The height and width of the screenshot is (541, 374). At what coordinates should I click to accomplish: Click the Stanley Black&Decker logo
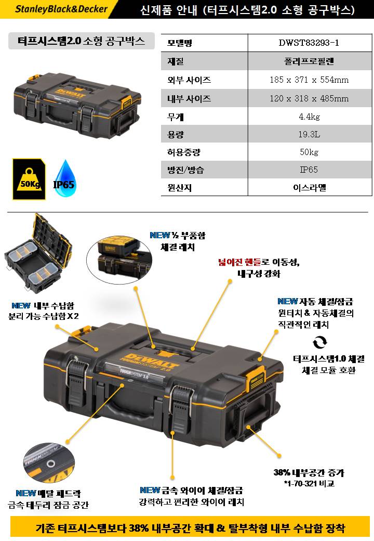click(61, 9)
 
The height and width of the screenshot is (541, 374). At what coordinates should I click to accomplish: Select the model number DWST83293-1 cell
click(309, 43)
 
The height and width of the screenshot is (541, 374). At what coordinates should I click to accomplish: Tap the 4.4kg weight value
click(309, 117)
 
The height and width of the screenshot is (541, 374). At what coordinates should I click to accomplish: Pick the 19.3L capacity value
click(309, 134)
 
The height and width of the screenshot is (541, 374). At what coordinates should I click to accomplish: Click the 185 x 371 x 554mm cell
click(309, 80)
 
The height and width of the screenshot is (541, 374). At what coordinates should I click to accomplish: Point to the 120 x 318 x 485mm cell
click(309, 98)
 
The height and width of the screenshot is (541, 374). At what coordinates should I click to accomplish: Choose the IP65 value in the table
click(309, 170)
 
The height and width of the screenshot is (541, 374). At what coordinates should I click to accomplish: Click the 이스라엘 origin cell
click(310, 188)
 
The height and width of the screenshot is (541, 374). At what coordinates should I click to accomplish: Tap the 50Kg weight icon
click(29, 179)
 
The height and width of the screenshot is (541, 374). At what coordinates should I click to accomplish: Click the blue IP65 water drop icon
click(64, 179)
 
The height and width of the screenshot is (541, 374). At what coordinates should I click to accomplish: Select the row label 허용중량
click(183, 152)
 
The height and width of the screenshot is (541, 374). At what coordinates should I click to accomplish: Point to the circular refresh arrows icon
click(320, 342)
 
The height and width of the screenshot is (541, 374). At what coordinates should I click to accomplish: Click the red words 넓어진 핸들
click(239, 262)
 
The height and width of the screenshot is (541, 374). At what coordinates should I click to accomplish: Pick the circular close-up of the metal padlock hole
click(49, 463)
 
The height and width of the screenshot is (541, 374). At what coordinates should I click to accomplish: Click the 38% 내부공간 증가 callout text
click(309, 473)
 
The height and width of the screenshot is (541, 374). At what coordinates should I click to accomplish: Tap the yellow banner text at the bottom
click(190, 528)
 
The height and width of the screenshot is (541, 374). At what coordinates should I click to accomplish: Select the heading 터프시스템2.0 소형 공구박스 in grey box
click(81, 41)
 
